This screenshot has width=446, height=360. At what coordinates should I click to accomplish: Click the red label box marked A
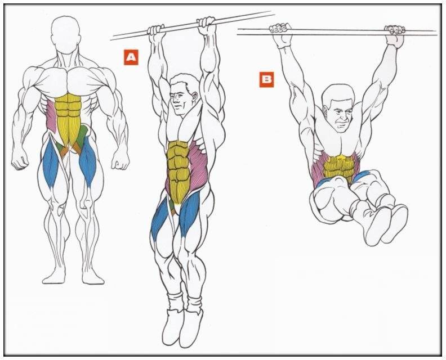(131, 57)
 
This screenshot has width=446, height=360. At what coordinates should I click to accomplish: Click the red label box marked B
(266, 79)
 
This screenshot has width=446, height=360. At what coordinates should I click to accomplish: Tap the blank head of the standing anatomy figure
(65, 34)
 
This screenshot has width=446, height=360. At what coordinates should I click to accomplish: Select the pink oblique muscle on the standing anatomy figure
(52, 116)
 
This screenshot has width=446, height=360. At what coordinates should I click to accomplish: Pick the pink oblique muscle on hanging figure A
(197, 166)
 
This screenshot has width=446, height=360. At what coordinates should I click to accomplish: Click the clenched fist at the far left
(19, 159)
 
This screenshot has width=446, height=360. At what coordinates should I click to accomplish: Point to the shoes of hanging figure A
(182, 327)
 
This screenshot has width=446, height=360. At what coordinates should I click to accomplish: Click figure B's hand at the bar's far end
(395, 36)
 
